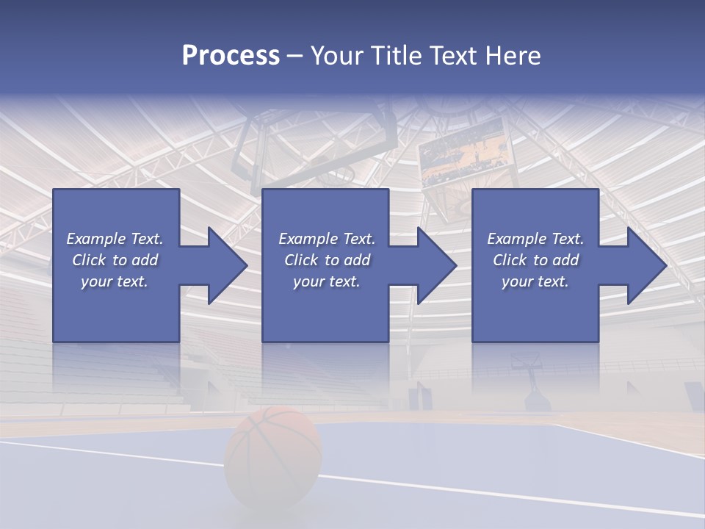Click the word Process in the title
click(231, 56)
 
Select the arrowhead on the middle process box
click(435, 265)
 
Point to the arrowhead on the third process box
click(646, 265)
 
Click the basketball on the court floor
click(273, 456)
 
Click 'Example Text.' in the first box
click(115, 239)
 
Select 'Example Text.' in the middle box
click(327, 239)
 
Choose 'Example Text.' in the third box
click(535, 239)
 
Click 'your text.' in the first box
click(115, 281)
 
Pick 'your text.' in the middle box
click(327, 281)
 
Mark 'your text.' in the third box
click(535, 281)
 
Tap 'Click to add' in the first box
click(115, 260)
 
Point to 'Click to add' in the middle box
click(327, 260)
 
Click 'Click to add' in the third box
click(535, 260)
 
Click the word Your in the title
click(335, 56)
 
